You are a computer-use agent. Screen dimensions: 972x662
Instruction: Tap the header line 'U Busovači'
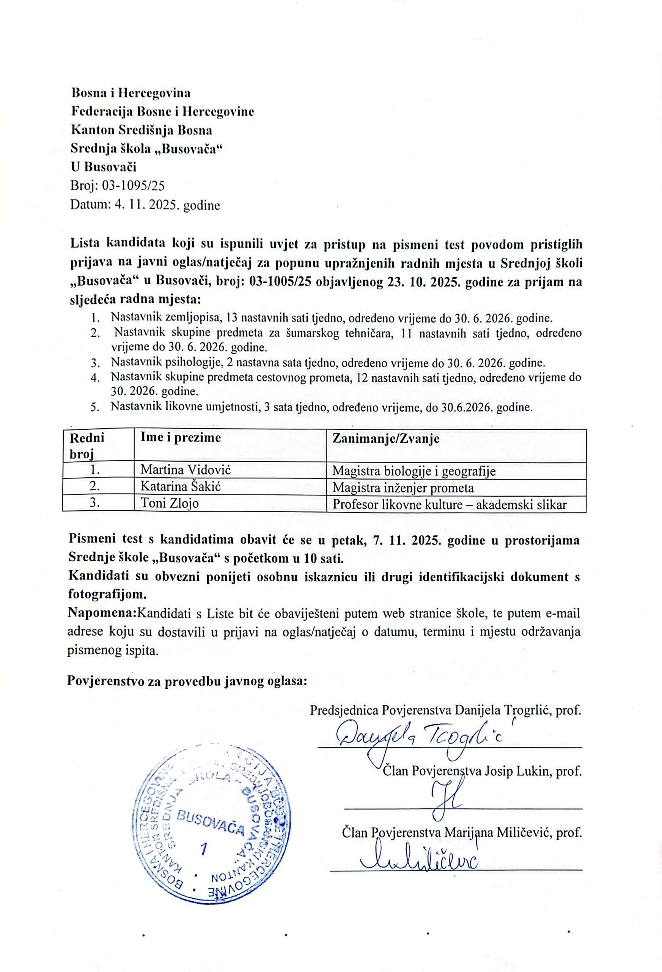pyautogui.click(x=104, y=167)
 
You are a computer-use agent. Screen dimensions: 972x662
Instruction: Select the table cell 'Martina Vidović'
pyautogui.click(x=185, y=470)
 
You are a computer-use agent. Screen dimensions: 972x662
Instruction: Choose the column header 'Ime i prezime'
pyautogui.click(x=181, y=437)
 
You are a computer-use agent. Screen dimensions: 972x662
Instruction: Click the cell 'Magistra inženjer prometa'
pyautogui.click(x=403, y=488)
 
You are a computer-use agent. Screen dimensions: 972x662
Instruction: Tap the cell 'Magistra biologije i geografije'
pyautogui.click(x=414, y=471)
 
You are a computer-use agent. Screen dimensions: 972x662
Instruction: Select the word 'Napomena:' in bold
pyautogui.click(x=102, y=613)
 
